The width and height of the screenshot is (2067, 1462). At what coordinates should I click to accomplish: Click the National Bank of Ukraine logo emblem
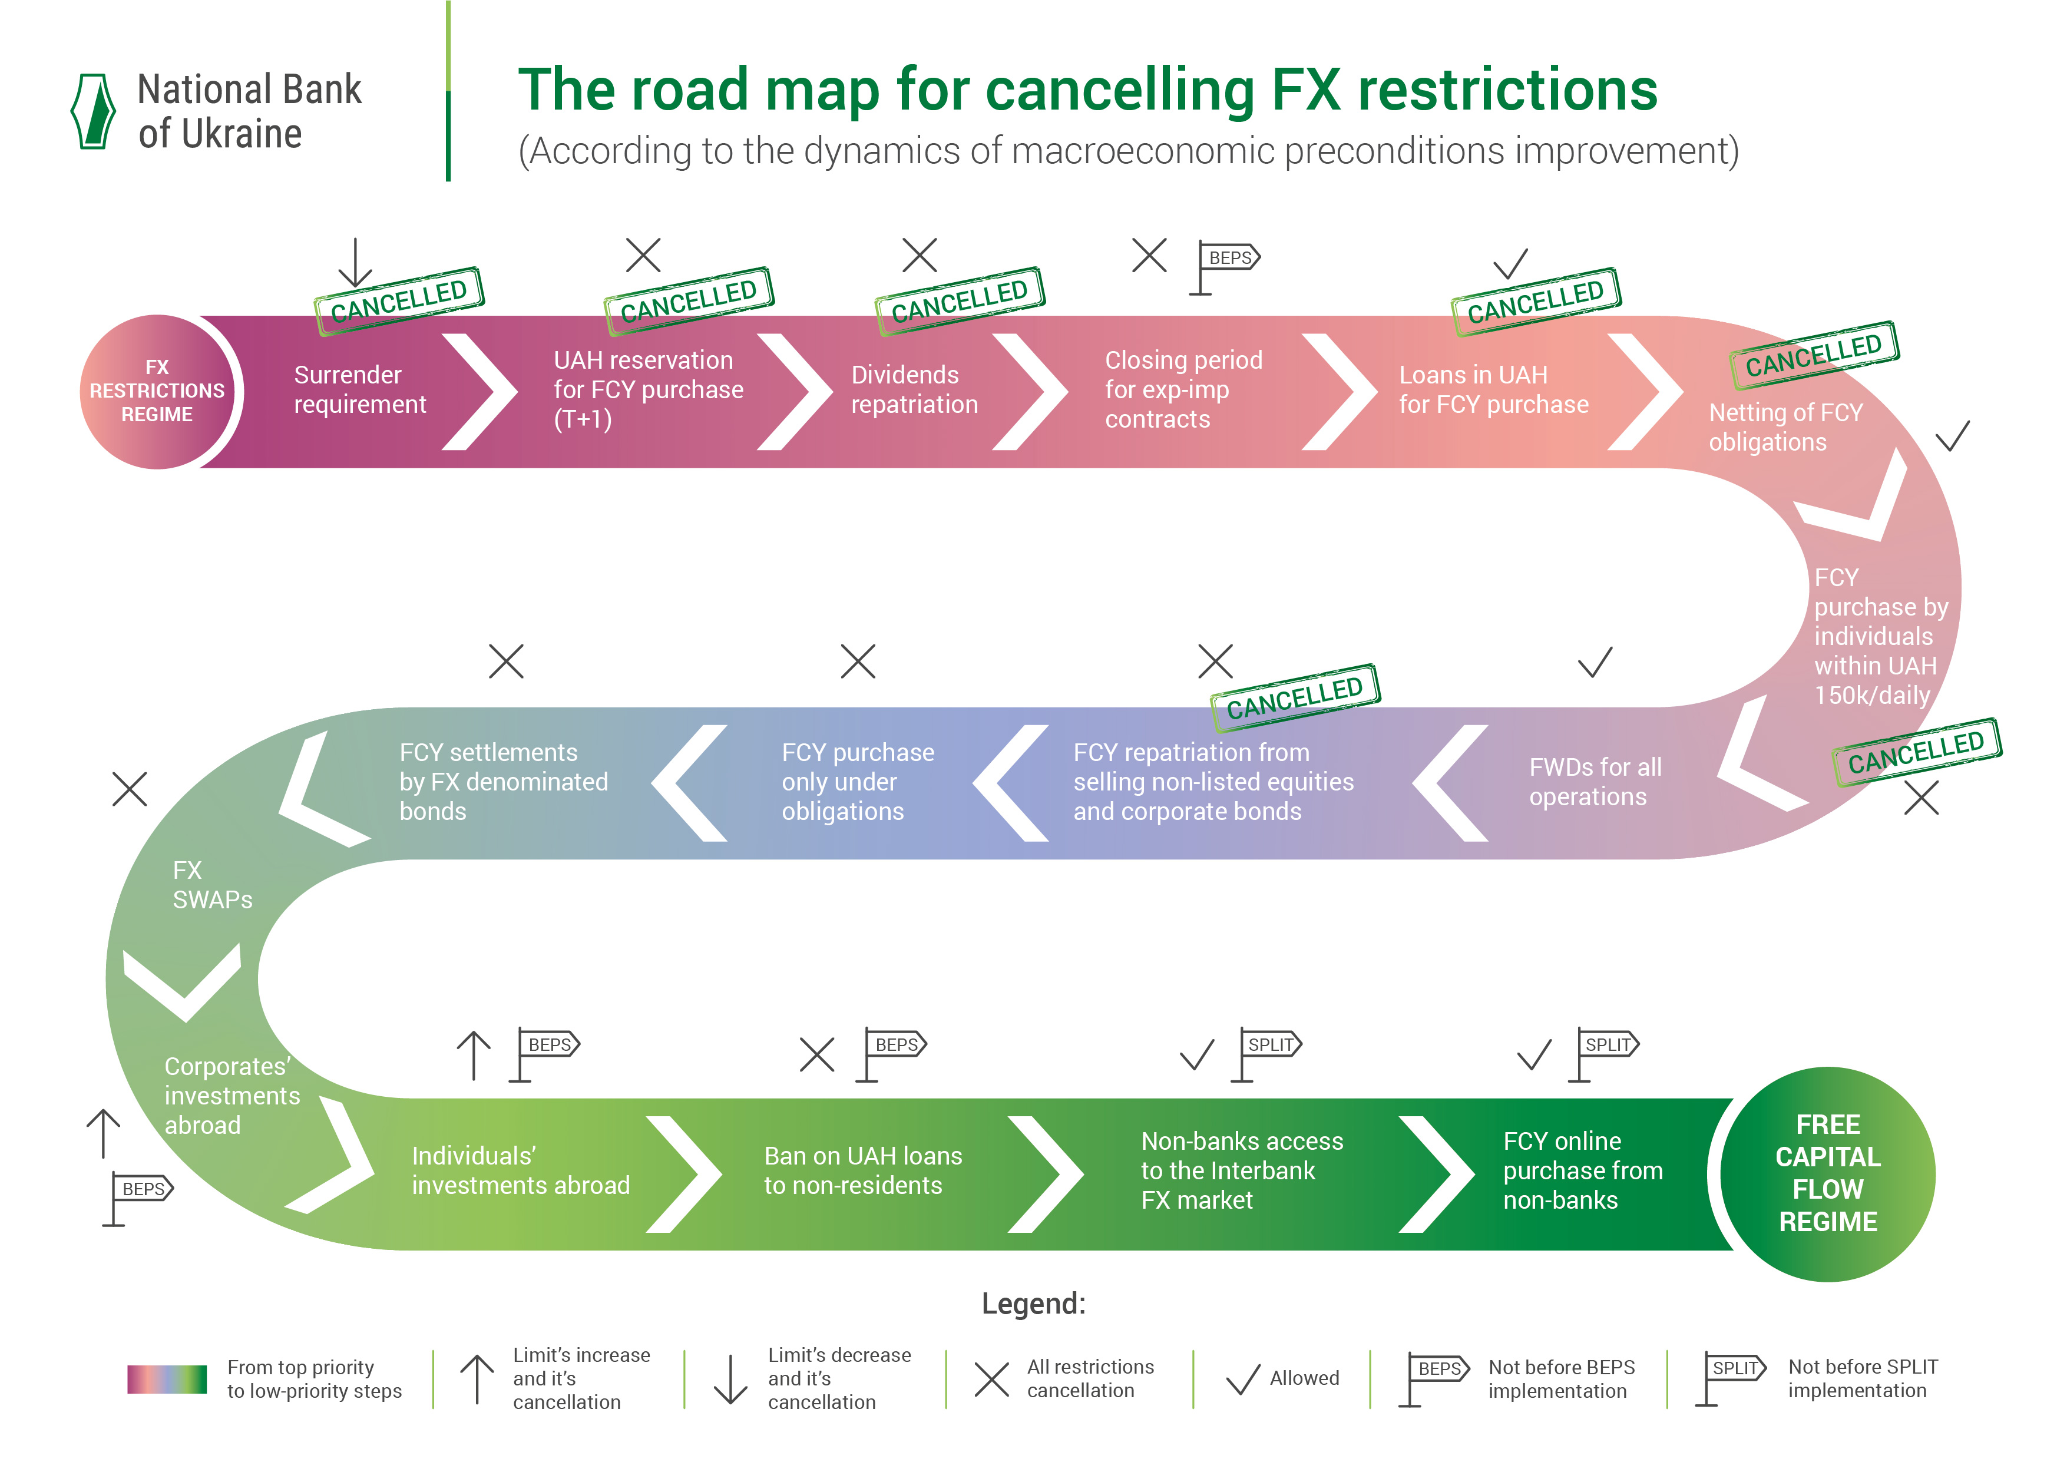click(x=94, y=112)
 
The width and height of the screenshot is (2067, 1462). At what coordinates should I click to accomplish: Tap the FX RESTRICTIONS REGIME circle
click(x=157, y=392)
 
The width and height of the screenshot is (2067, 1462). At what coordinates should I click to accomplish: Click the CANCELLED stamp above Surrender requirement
click(x=399, y=300)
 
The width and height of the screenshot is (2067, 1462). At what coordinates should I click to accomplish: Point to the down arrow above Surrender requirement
click(x=356, y=263)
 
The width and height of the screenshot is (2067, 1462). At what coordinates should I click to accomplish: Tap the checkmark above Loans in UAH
click(x=1511, y=264)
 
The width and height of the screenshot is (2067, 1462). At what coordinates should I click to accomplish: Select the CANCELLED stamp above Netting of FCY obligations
click(x=1814, y=355)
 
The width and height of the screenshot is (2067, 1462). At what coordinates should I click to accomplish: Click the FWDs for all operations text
click(x=1595, y=782)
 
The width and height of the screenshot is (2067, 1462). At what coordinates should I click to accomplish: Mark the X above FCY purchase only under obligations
click(x=858, y=661)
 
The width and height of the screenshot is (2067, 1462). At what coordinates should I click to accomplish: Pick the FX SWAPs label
click(x=213, y=885)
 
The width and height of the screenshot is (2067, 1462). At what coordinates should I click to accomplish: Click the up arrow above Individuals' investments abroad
click(x=474, y=1055)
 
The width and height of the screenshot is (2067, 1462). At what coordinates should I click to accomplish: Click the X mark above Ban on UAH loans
click(x=816, y=1055)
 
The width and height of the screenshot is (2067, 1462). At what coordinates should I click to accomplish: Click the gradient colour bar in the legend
click(x=167, y=1379)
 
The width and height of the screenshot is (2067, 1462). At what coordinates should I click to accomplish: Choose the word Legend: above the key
click(x=1033, y=1304)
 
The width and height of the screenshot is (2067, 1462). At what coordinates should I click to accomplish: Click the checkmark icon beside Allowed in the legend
click(x=1243, y=1379)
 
